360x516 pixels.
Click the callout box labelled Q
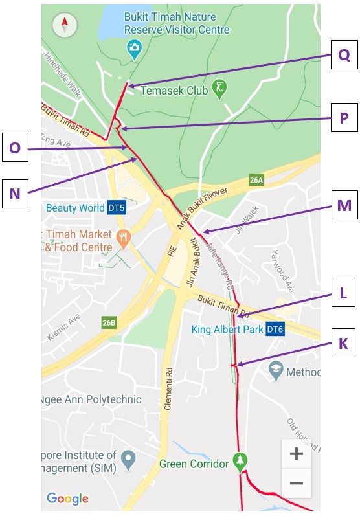344,55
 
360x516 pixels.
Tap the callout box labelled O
15,148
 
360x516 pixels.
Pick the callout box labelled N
15,193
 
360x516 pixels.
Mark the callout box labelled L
344,293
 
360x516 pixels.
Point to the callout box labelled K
344,343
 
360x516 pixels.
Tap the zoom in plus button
296,454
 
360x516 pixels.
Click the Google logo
67,499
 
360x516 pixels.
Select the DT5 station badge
117,208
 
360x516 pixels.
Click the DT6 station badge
275,330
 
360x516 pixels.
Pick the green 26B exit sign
109,322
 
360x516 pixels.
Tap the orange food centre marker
123,240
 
